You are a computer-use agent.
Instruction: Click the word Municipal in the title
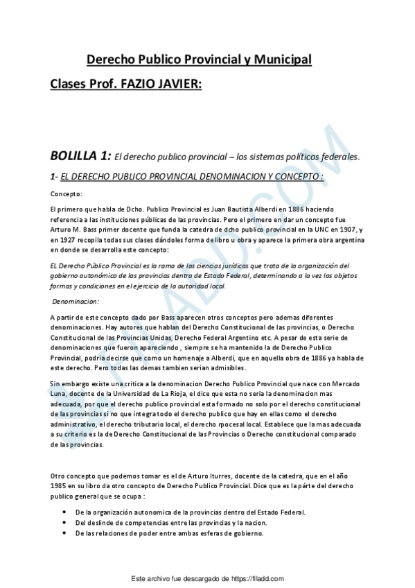[279, 60]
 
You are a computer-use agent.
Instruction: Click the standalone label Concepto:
[67, 193]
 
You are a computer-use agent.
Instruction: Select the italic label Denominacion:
[76, 302]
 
